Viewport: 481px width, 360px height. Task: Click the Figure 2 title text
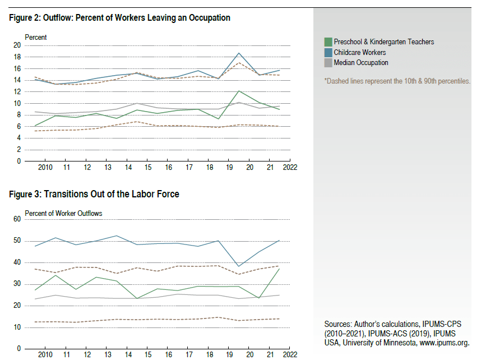[119, 18]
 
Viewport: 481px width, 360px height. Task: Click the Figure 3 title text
[94, 194]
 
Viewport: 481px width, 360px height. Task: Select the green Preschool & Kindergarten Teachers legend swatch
[328, 42]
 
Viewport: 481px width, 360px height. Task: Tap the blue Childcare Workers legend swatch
[328, 52]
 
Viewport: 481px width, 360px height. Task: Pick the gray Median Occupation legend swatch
[328, 63]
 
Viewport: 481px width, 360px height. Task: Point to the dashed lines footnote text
[397, 81]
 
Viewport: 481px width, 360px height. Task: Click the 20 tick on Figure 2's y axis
[17, 45]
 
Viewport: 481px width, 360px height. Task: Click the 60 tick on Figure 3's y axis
[17, 219]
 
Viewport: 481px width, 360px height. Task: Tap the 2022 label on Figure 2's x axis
[289, 168]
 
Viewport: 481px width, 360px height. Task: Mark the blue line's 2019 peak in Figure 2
[239, 53]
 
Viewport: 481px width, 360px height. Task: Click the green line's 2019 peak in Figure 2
[239, 91]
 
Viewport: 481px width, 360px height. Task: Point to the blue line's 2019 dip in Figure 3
[239, 266]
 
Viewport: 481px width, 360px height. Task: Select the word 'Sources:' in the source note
[337, 325]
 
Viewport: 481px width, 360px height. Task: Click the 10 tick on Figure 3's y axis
[17, 327]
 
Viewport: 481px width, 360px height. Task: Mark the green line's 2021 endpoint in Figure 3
[279, 269]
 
